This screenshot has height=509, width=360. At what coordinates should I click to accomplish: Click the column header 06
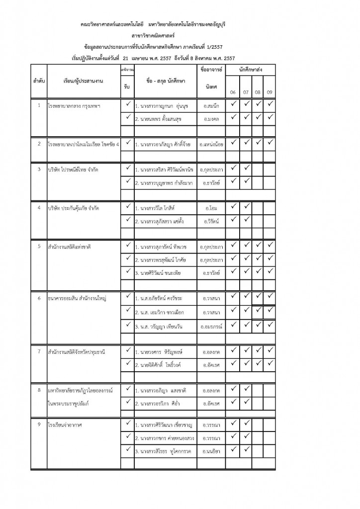pos(233,92)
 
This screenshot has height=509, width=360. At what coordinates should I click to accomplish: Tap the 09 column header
pos(269,92)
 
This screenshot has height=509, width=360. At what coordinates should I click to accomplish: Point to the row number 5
pos(39,246)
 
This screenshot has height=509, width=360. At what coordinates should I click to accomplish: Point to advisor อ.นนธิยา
pos(211,451)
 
